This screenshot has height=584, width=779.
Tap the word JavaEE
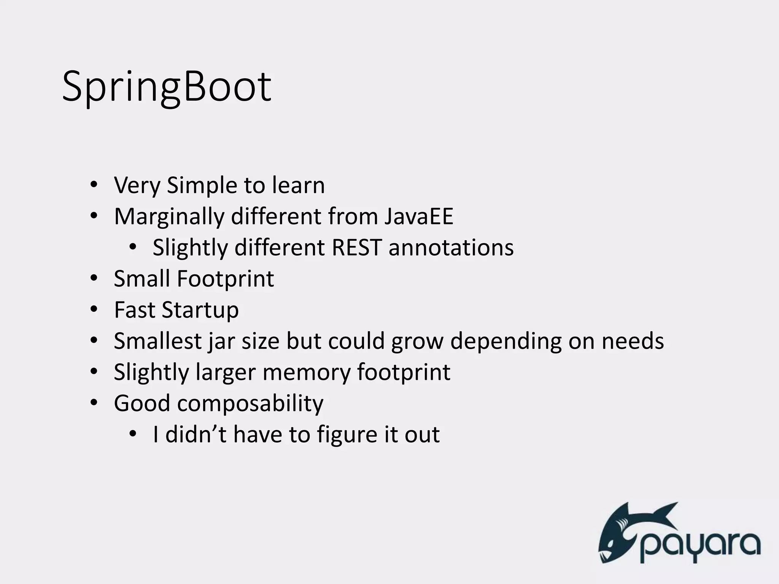(418, 216)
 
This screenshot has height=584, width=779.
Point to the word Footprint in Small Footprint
(226, 279)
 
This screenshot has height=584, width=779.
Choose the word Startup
(200, 310)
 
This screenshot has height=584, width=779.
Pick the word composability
(250, 403)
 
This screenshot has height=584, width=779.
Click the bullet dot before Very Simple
(94, 186)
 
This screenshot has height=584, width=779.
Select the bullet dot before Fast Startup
(94, 310)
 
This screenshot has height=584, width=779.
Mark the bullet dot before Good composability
(94, 403)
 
